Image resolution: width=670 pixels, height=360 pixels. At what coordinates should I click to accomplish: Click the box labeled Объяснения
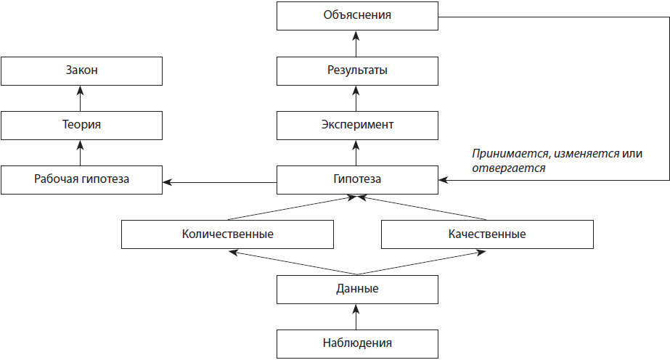357,16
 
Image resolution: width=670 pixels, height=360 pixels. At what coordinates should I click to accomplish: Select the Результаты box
357,71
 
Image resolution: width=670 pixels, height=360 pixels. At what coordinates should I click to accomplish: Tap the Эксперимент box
357,126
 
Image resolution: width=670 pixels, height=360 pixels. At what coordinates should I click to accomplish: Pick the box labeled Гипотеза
357,180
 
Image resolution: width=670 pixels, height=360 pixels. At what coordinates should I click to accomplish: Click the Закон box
81,71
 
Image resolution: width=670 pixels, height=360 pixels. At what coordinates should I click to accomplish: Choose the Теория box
81,126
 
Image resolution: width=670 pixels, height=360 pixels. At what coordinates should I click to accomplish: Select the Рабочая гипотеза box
81,180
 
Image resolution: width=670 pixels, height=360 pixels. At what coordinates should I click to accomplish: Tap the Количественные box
227,234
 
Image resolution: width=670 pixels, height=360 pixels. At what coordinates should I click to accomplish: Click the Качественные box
487,234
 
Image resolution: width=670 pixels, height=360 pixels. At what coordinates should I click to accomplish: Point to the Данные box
357,290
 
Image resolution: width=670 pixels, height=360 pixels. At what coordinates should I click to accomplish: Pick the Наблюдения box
357,344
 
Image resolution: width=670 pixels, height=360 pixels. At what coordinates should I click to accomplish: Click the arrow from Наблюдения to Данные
356,317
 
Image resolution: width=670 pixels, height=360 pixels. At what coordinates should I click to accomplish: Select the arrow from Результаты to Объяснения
356,44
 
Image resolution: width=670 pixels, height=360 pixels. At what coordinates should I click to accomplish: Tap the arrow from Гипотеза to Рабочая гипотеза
220,182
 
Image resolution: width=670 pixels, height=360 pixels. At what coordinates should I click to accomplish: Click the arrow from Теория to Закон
80,98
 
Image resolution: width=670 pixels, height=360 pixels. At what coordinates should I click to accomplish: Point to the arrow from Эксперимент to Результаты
356,98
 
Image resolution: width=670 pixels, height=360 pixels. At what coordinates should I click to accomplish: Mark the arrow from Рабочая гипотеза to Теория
80,153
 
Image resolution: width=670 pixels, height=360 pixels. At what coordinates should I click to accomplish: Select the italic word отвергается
508,168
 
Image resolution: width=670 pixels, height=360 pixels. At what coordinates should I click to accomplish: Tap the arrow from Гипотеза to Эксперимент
356,153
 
